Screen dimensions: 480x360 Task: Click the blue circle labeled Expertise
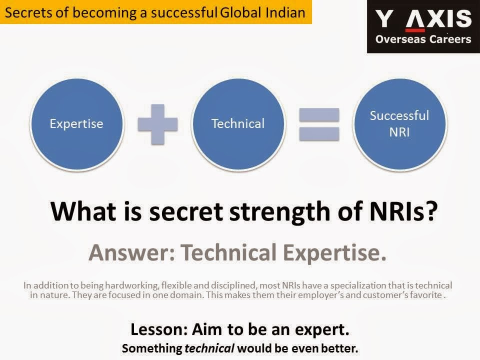pyautogui.click(x=77, y=123)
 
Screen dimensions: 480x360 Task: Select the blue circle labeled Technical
pyautogui.click(x=238, y=123)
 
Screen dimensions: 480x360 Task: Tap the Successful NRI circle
pyautogui.click(x=400, y=123)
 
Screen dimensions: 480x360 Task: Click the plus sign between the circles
pyautogui.click(x=157, y=124)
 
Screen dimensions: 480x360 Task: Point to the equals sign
pyautogui.click(x=319, y=124)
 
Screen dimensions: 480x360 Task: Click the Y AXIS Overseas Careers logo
pyautogui.click(x=423, y=26)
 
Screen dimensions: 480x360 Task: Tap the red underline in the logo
pyautogui.click(x=415, y=30)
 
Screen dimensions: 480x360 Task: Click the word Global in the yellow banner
pyautogui.click(x=240, y=13)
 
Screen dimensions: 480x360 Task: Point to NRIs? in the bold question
pyautogui.click(x=403, y=211)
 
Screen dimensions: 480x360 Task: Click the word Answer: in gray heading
pyautogui.click(x=132, y=253)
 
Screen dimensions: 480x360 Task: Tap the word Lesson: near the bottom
pyautogui.click(x=159, y=329)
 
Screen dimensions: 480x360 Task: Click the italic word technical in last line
pyautogui.click(x=209, y=348)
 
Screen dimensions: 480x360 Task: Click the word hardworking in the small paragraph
pyautogui.click(x=132, y=285)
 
